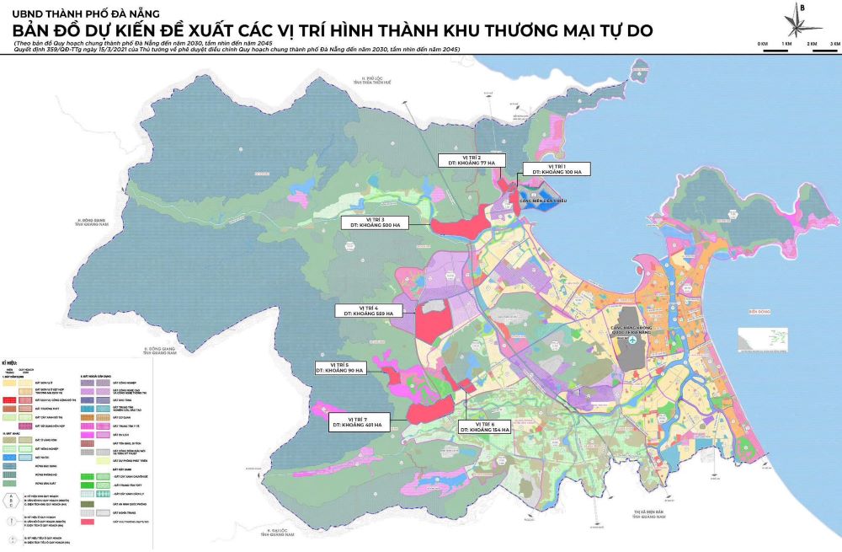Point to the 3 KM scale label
834,42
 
